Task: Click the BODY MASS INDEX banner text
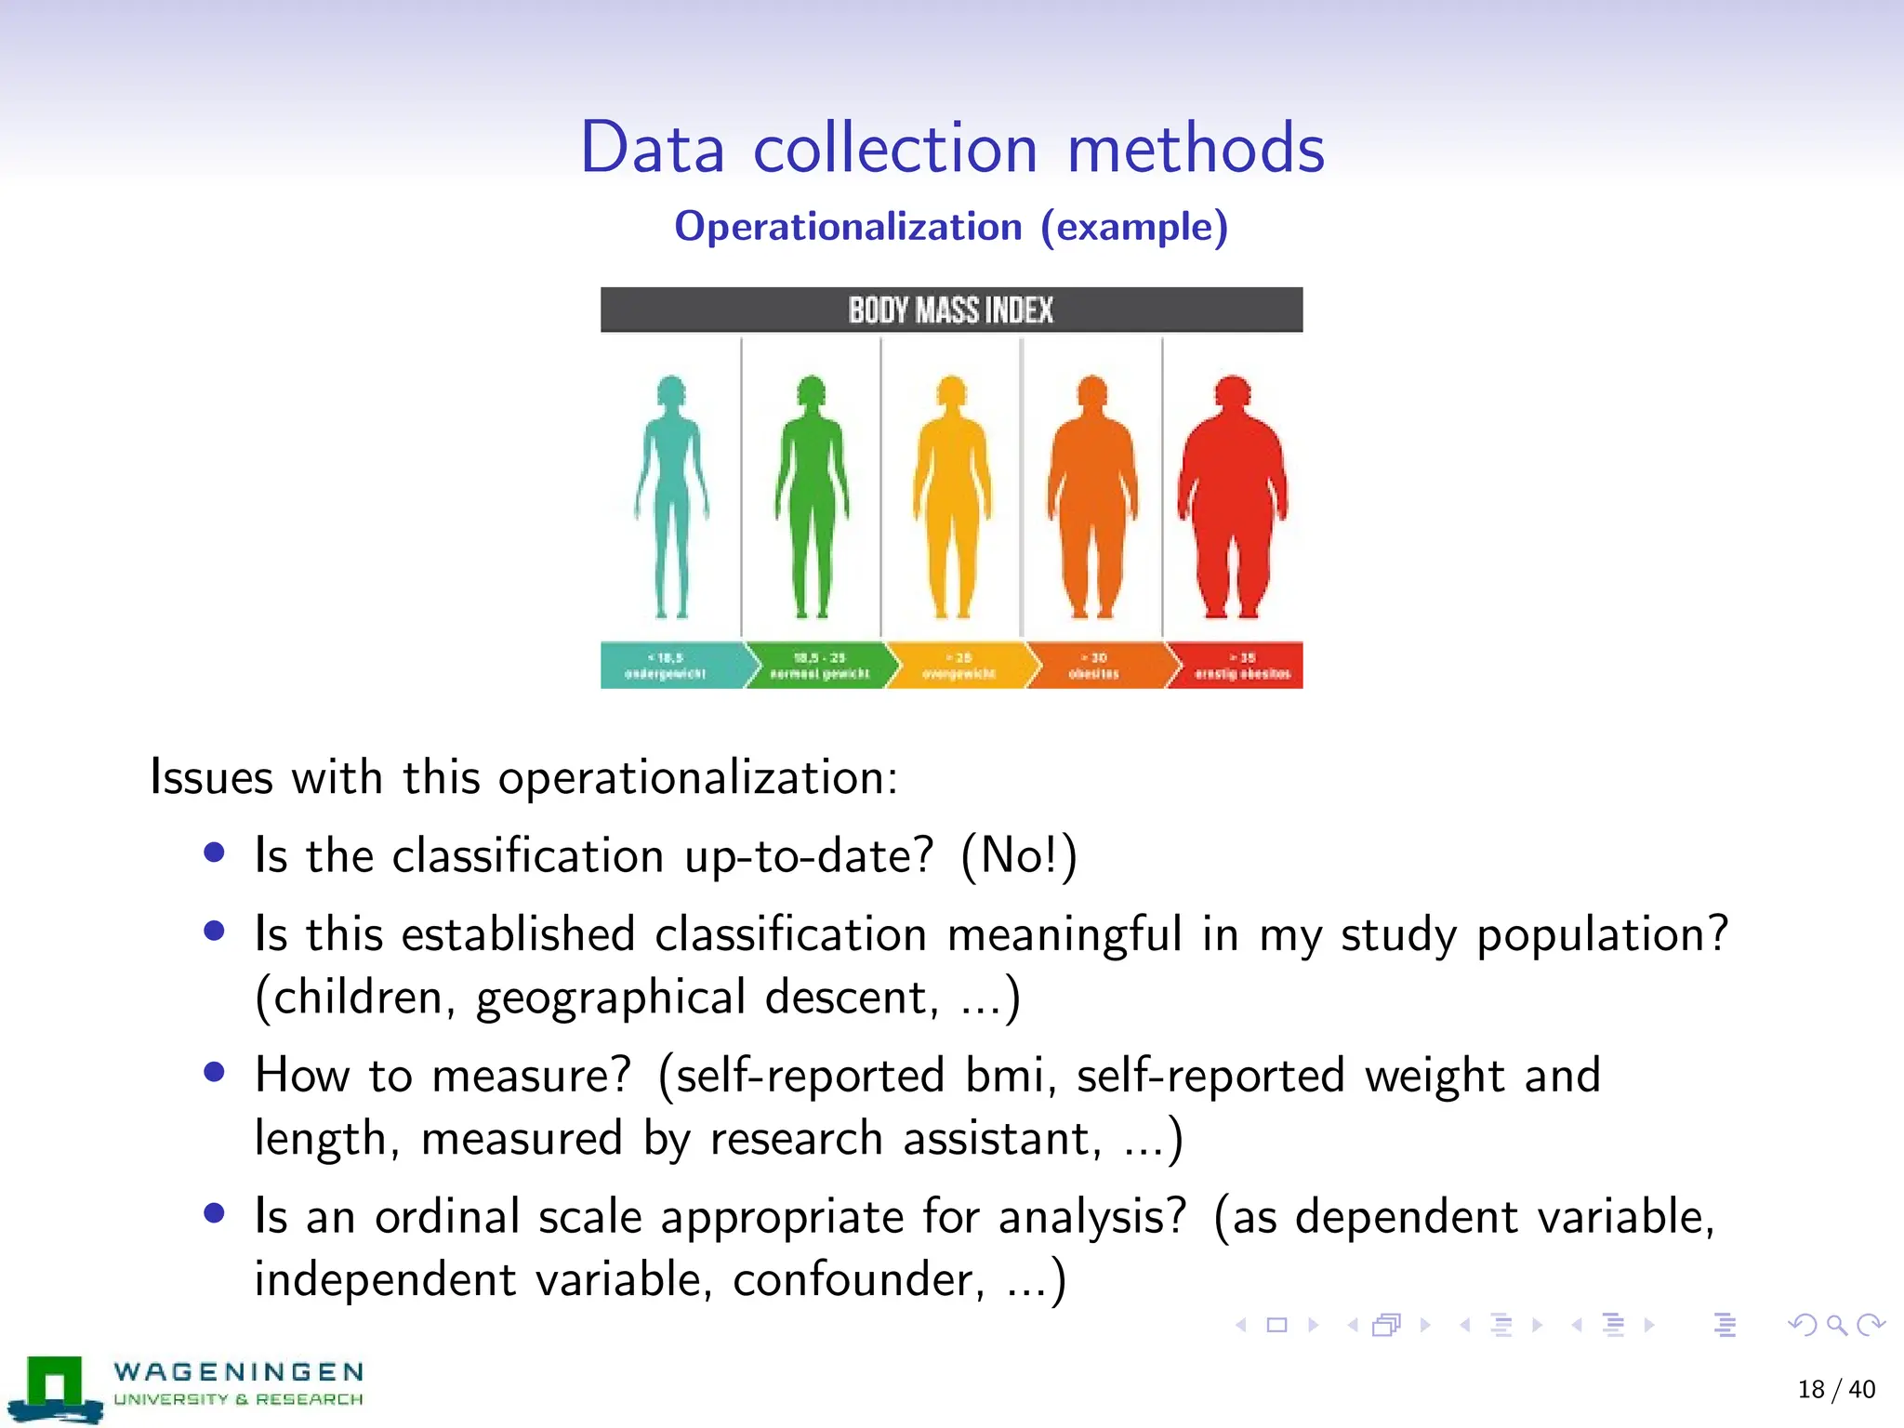950,311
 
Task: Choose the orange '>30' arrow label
1095,666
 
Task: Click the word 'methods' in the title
1196,149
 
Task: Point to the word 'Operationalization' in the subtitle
848,227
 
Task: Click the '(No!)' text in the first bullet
1018,855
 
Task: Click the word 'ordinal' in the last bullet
446,1217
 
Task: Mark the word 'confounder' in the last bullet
857,1280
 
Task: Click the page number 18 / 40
1836,1390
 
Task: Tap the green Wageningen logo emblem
55,1388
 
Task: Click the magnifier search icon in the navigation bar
1836,1325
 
